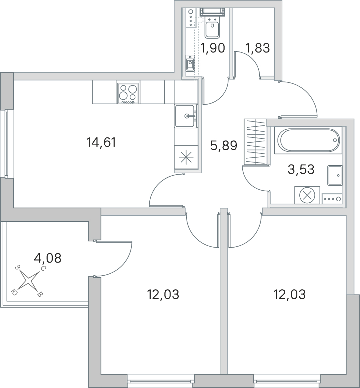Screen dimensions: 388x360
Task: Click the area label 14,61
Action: tap(101, 142)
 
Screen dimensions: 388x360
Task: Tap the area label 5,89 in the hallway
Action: tap(223, 146)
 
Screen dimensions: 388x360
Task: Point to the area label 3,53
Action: tap(301, 169)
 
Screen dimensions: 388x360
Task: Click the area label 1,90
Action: tap(213, 48)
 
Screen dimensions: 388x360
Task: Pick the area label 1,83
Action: tap(258, 48)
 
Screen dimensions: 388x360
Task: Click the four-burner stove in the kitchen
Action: tap(128, 93)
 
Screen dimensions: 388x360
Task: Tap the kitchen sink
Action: tap(186, 116)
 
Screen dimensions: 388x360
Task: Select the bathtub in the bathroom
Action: tap(308, 140)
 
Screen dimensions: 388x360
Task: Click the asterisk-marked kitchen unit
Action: tap(186, 157)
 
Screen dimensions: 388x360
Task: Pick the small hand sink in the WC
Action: tap(190, 63)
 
